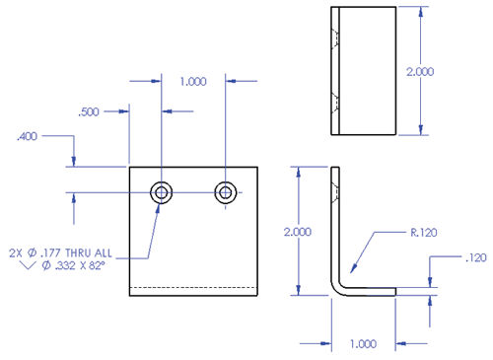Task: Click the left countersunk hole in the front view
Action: click(x=161, y=191)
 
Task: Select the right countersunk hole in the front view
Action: click(x=227, y=191)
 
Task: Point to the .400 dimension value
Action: click(x=27, y=136)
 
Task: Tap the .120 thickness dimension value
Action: click(x=474, y=258)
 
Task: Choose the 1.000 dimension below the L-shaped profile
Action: click(x=363, y=344)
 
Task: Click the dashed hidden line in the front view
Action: click(x=193, y=287)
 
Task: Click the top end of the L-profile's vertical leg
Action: click(x=333, y=169)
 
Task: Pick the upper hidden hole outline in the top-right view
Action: click(x=335, y=38)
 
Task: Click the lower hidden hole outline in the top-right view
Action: click(x=335, y=101)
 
